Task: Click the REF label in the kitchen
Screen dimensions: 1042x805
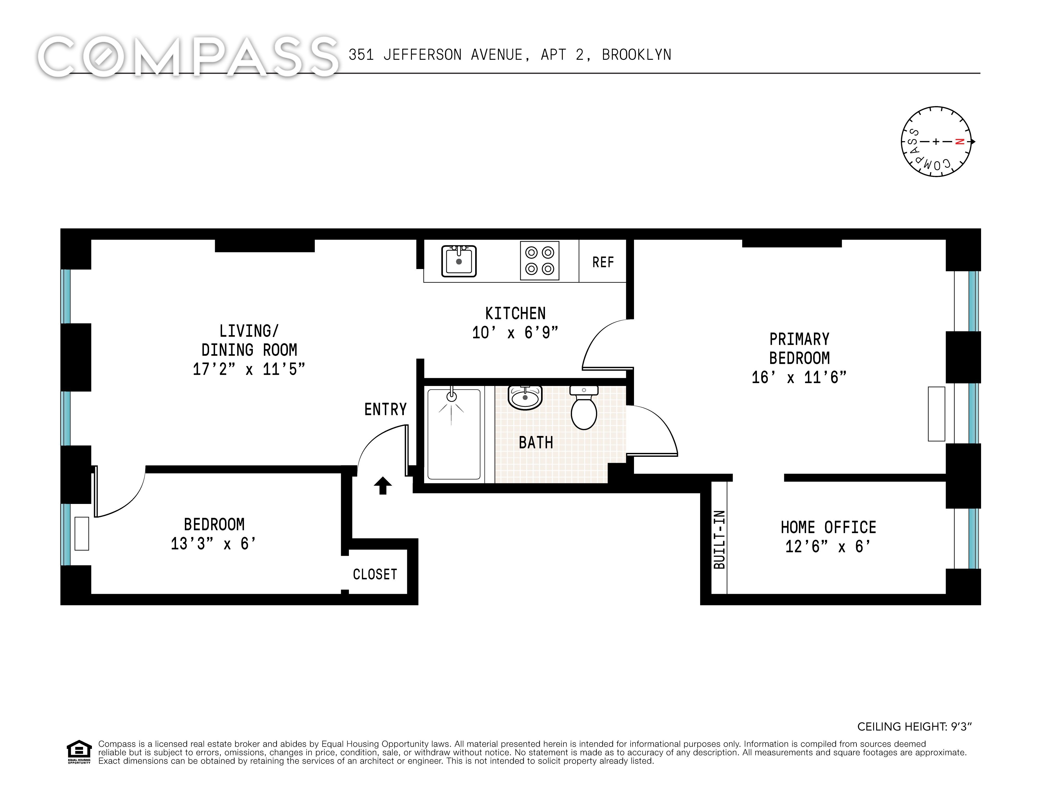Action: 603,262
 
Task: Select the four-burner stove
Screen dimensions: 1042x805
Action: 539,260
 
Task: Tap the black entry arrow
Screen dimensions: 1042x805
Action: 383,485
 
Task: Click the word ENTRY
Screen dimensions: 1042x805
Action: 386,409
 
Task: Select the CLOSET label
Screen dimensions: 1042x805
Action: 375,574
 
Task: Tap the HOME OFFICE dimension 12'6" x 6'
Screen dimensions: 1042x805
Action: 828,546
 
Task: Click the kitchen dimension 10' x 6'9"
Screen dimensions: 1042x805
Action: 515,333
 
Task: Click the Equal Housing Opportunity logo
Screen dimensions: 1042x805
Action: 79,752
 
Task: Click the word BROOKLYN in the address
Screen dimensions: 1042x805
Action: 636,55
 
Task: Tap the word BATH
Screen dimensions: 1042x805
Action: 536,443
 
